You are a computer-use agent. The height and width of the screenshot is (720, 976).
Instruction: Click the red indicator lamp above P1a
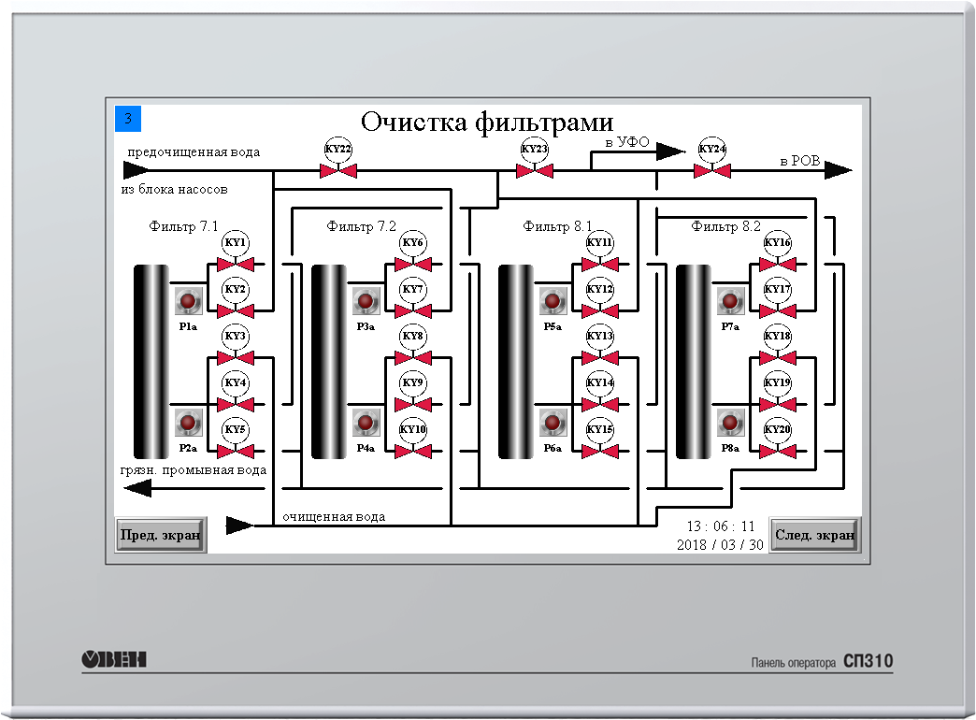pos(188,301)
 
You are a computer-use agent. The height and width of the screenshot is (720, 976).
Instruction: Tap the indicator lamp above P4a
pos(366,423)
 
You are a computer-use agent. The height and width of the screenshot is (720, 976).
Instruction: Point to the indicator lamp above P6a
pos(553,423)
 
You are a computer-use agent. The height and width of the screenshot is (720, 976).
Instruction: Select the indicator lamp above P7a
pos(730,301)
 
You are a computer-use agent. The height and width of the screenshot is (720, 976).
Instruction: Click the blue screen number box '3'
pos(128,119)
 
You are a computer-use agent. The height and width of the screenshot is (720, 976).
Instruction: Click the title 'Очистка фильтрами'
pos(487,122)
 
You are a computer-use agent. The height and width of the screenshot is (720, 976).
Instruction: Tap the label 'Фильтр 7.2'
pos(361,226)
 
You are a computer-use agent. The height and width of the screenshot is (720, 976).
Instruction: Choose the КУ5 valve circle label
pos(236,429)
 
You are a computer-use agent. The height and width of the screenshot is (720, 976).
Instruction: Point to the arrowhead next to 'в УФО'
pos(671,151)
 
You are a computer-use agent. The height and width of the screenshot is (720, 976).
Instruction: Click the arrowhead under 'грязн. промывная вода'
pos(137,488)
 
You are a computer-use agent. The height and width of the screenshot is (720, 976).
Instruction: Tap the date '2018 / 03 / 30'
pos(720,545)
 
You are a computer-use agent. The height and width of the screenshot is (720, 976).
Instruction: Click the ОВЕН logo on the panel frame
pos(114,659)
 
